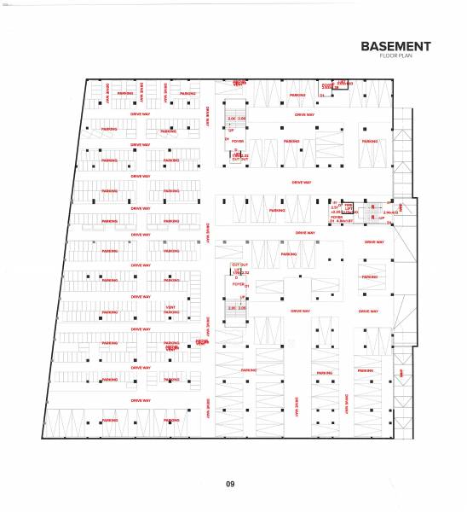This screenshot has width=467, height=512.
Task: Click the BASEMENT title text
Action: [395, 46]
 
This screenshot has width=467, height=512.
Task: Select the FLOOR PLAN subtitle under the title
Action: [395, 56]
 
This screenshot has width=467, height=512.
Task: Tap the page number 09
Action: [230, 485]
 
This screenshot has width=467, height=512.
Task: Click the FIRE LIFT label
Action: [347, 207]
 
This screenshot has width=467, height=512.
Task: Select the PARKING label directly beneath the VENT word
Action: [170, 312]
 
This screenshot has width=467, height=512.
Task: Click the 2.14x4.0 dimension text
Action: [391, 212]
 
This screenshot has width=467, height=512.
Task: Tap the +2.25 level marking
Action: [335, 211]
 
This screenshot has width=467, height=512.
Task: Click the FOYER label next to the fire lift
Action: [337, 217]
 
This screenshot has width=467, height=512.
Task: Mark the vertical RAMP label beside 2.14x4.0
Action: [401, 207]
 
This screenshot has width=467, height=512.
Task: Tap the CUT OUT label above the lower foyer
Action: [239, 265]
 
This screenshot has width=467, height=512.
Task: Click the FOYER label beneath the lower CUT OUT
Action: [239, 282]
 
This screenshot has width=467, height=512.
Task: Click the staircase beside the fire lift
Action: [371, 213]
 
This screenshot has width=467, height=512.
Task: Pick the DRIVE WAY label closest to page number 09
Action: [141, 400]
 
